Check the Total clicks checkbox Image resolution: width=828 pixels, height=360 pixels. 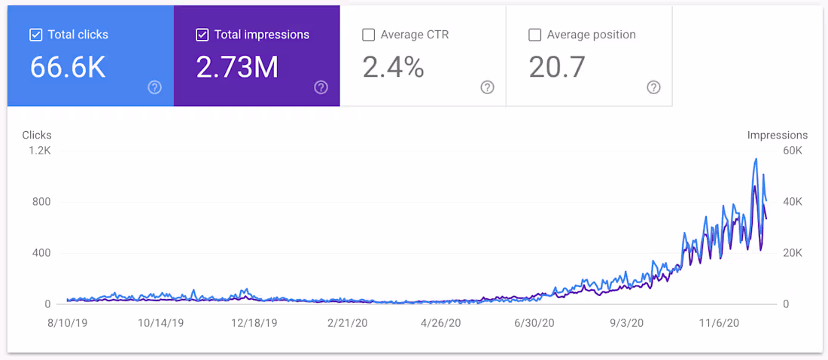click(x=35, y=35)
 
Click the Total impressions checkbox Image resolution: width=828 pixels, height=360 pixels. click(x=202, y=35)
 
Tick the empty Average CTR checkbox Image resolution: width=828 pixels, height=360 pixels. click(x=368, y=35)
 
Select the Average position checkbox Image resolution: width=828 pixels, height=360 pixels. click(x=534, y=35)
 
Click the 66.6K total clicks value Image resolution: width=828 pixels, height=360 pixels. click(x=68, y=68)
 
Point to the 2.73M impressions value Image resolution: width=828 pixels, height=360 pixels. click(x=237, y=68)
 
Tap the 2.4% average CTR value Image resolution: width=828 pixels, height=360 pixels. click(x=393, y=68)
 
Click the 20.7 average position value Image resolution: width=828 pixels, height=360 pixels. click(x=557, y=68)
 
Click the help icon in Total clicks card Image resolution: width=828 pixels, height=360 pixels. click(x=154, y=87)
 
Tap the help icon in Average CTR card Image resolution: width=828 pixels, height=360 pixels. click(x=487, y=87)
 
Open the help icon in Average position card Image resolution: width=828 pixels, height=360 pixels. click(x=653, y=87)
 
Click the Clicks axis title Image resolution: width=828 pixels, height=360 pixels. click(x=37, y=136)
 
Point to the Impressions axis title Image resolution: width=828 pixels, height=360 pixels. click(x=777, y=136)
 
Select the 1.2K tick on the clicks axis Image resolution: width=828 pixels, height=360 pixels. click(x=40, y=151)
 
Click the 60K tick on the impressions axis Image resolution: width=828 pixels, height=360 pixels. click(x=793, y=151)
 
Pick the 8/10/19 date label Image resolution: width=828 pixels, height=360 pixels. click(x=67, y=322)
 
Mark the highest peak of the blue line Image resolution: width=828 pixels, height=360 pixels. click(x=756, y=159)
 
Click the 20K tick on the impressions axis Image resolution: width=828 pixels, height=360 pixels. click(x=793, y=253)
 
